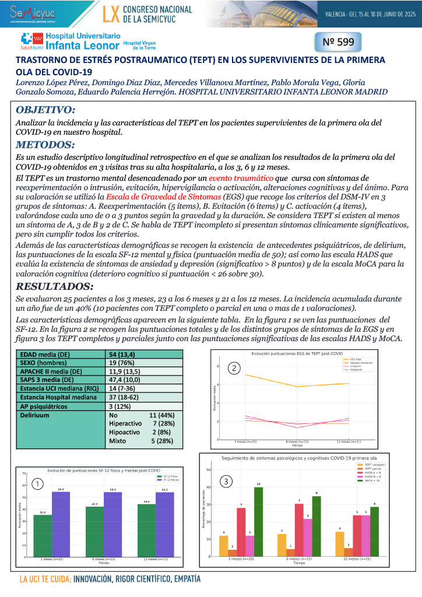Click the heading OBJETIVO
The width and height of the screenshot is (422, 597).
(45, 110)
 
